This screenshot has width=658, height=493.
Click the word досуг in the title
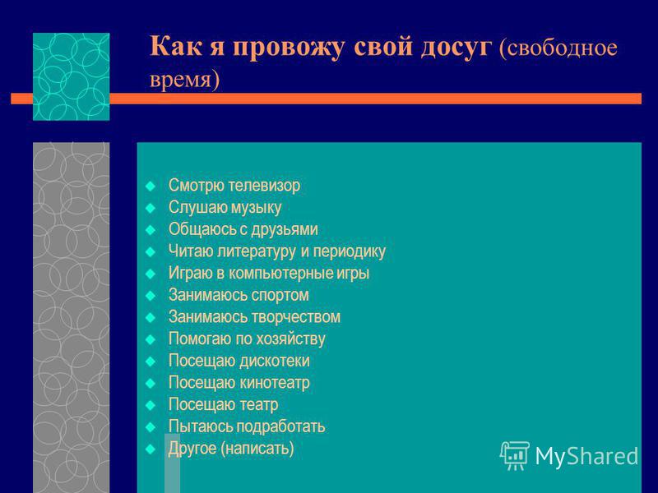456,47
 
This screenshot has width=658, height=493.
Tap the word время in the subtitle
182,80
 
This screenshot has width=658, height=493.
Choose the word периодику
349,251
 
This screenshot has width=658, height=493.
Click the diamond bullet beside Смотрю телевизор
151,187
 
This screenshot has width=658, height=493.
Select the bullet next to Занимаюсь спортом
151,296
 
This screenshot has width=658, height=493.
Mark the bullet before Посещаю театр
151,405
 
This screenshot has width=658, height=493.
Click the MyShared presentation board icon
514,456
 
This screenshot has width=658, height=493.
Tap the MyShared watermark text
586,456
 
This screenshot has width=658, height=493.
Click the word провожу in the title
289,47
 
